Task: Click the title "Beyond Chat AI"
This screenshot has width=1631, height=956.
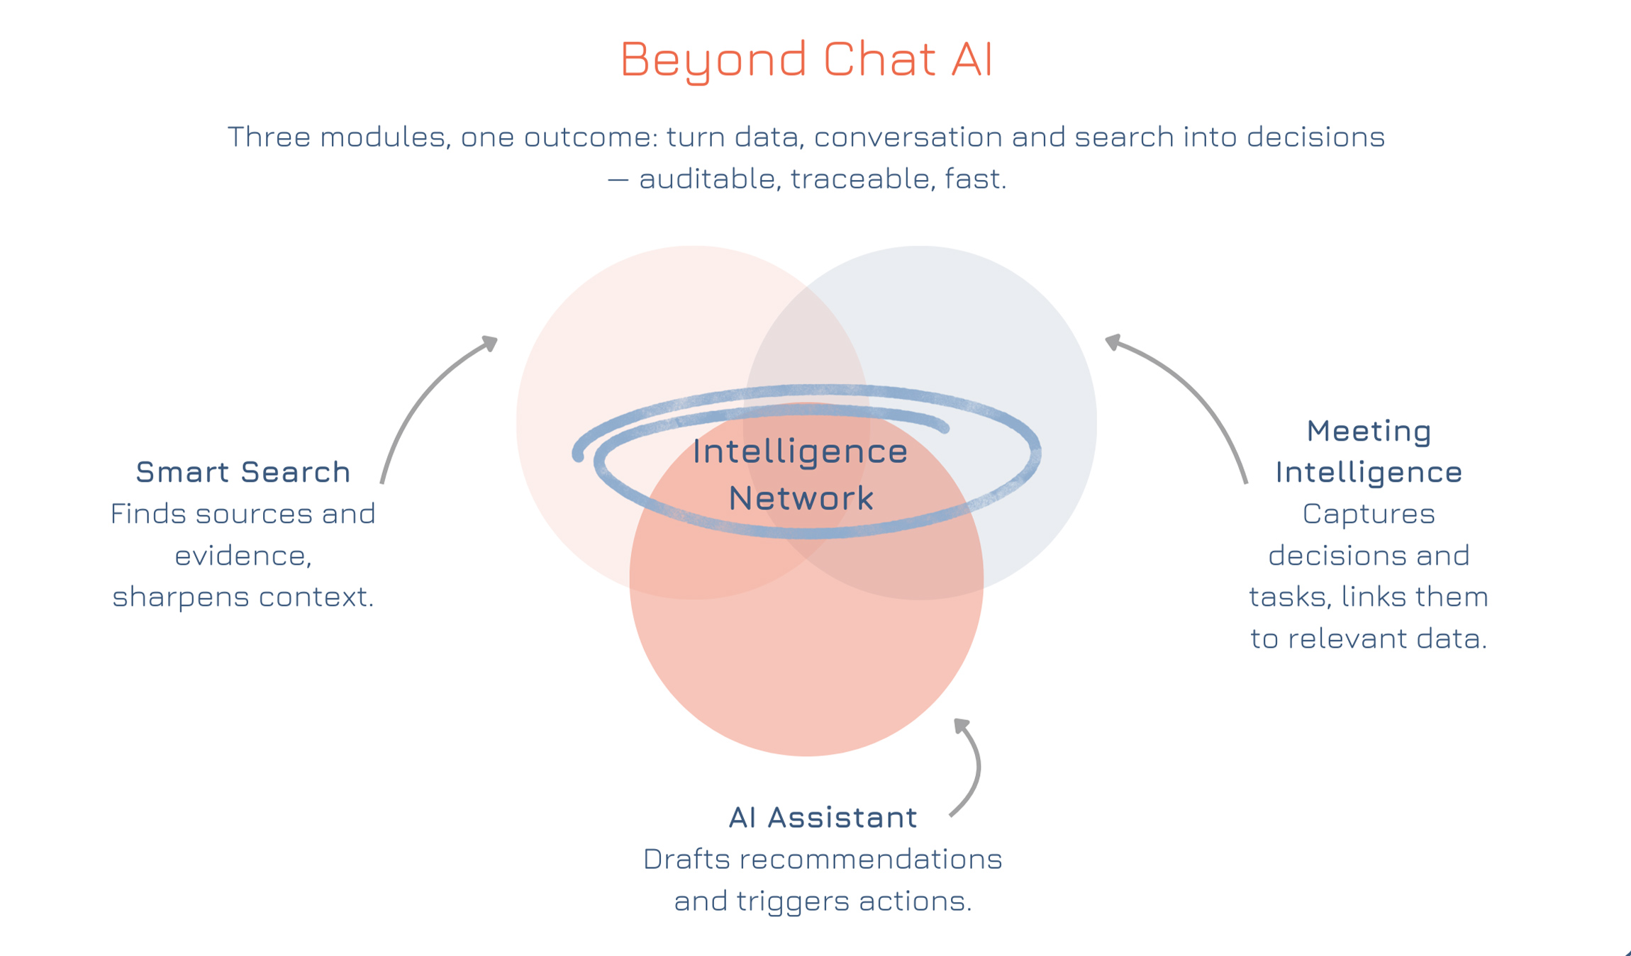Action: pos(806,59)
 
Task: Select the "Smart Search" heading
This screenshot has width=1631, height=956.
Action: pos(243,472)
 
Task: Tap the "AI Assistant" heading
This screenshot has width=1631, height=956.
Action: pos(823,817)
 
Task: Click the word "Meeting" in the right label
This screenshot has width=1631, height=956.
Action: pos(1369,431)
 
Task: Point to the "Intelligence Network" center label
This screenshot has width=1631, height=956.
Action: pos(801,474)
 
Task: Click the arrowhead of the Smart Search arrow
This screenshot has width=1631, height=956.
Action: pos(490,344)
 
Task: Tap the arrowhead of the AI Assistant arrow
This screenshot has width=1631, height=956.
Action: pos(962,726)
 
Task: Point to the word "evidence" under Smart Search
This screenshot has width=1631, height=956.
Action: pos(242,556)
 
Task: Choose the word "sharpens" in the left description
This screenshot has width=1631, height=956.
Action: pos(181,597)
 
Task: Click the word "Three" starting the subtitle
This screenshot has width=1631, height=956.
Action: pos(269,137)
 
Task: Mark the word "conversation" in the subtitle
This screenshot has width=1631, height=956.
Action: pos(908,137)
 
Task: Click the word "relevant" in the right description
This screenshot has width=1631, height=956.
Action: pos(1347,639)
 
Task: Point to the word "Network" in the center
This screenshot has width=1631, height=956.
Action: pos(801,497)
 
